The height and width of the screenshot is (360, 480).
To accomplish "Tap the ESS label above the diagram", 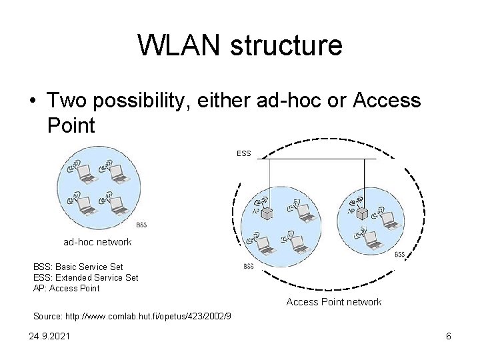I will (243, 153).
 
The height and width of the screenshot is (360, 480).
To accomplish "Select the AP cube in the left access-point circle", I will (268, 214).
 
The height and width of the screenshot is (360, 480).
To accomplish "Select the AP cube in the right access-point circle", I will (363, 214).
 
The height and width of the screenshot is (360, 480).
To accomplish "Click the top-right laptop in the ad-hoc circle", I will (119, 174).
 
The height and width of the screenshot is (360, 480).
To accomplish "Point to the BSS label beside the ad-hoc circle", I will (141, 225).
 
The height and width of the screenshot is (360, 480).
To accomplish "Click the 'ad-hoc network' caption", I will (97, 242).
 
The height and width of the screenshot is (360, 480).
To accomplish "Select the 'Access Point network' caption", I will (333, 302).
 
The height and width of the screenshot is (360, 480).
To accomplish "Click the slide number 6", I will (449, 337).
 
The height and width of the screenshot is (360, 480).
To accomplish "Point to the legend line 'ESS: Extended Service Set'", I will (85, 277).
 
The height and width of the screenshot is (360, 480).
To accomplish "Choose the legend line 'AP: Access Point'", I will (66, 288).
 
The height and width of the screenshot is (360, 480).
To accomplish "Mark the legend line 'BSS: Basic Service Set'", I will (78, 267).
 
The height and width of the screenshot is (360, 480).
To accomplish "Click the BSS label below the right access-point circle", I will (400, 255).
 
